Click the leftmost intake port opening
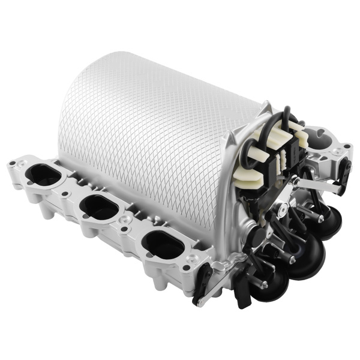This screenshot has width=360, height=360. pyautogui.click(x=44, y=175)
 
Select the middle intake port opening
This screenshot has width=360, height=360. pyautogui.click(x=99, y=207)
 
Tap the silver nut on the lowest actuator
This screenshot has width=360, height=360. pyautogui.click(x=264, y=284)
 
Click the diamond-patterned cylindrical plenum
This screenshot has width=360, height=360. pyautogui.click(x=144, y=132)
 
